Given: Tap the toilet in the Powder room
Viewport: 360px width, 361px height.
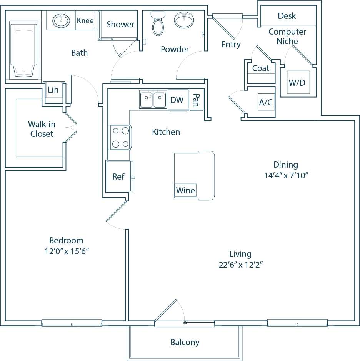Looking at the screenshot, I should (158, 24).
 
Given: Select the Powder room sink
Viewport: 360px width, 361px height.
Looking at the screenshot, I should (184, 19).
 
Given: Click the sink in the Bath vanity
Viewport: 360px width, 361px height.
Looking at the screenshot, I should (61, 20).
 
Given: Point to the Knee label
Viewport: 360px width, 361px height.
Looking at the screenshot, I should (85, 20).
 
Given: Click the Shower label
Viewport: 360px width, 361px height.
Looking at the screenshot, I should (120, 24).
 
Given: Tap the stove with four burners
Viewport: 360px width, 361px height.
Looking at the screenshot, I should (120, 137).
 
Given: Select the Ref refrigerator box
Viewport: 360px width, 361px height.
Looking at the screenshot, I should (118, 176).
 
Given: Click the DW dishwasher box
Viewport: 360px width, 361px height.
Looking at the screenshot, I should (177, 100).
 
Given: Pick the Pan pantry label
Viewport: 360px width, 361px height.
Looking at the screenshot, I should (196, 100).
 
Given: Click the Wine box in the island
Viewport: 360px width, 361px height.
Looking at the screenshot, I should (185, 190).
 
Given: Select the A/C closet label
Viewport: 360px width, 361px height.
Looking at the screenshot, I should (266, 103).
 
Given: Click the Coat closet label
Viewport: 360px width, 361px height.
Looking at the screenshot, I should (261, 68).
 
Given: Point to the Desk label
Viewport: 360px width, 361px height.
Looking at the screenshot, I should (287, 16).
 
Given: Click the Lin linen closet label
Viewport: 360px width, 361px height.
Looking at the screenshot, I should (53, 90).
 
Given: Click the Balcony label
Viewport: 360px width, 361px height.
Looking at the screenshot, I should (185, 342).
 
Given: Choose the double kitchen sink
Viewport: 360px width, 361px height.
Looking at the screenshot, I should (153, 100).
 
